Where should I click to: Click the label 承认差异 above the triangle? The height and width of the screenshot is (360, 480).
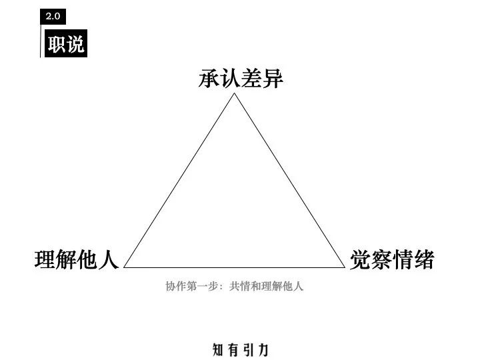(x=241, y=79)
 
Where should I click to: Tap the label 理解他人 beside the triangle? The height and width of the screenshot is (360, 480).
(x=77, y=259)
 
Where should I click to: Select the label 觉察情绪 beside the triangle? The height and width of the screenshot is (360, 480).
(x=392, y=259)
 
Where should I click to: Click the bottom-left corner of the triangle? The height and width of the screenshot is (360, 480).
(x=125, y=267)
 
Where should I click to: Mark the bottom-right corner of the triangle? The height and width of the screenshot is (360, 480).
(x=343, y=267)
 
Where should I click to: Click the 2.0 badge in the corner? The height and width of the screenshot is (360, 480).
(x=53, y=15)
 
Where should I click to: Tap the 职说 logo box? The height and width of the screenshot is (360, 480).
(x=66, y=45)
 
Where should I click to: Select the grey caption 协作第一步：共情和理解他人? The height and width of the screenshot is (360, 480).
(x=235, y=287)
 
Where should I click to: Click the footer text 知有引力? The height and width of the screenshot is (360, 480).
(x=241, y=349)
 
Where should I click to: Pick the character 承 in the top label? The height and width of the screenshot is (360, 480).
(x=209, y=79)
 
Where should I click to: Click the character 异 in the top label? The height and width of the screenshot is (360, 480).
(x=273, y=79)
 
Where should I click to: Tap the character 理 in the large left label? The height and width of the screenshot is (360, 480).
(x=45, y=259)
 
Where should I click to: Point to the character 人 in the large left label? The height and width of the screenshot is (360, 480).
(x=109, y=259)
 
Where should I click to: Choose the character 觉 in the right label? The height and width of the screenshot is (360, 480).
(x=361, y=259)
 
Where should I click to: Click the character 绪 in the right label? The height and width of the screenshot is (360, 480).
(x=424, y=259)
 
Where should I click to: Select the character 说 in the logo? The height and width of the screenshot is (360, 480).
(x=75, y=45)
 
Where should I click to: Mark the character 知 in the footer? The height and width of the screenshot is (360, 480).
(x=219, y=349)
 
